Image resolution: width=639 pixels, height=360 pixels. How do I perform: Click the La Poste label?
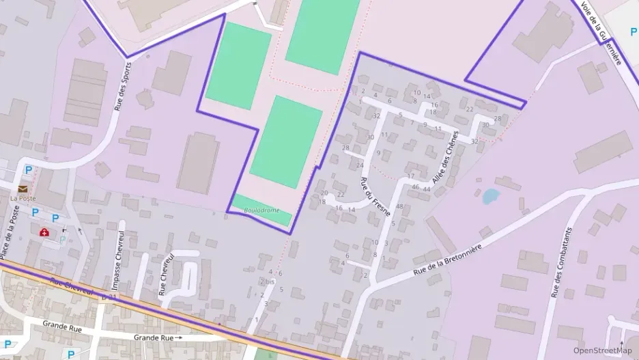tap(22, 198)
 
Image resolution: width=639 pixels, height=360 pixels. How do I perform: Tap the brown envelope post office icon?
tap(23, 188)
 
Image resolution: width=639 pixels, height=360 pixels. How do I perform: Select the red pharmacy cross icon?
tap(45, 232)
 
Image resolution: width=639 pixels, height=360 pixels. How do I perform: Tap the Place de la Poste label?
tap(9, 232)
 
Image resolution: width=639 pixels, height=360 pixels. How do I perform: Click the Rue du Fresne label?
tap(374, 197)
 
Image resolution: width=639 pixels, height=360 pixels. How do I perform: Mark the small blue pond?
tap(489, 197)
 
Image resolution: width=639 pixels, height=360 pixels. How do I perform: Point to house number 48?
tap(399, 206)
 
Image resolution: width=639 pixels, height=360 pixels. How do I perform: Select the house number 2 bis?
tap(267, 281)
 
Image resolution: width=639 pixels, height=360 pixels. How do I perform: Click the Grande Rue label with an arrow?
tap(158, 337)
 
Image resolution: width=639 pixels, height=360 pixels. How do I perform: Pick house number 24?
tap(360, 165)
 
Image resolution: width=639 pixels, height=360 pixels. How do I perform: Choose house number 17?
tap(411, 176)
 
